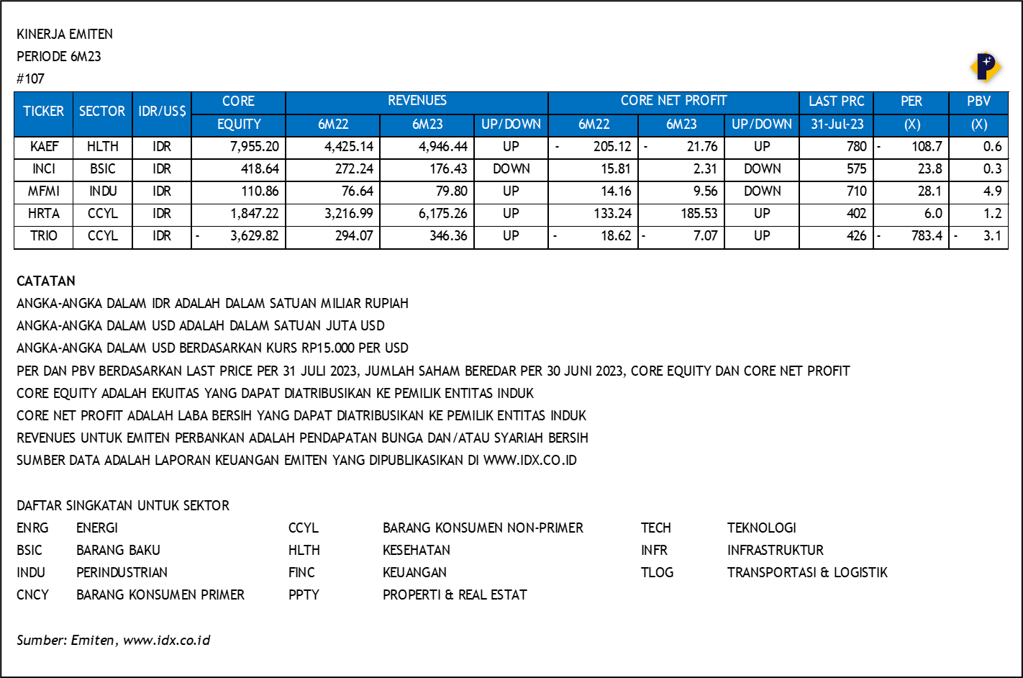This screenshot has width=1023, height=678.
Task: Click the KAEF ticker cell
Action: point(44,147)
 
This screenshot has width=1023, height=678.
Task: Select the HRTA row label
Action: point(44,214)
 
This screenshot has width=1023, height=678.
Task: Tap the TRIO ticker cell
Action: point(44,236)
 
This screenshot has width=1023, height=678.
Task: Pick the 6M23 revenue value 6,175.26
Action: point(439,214)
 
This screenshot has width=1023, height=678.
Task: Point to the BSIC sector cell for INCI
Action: point(102,169)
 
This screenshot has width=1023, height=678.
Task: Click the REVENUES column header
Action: point(417,101)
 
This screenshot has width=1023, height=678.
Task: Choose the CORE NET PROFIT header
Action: point(673,101)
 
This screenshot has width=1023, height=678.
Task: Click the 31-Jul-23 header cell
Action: point(837,125)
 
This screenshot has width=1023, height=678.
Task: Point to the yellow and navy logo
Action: point(985,68)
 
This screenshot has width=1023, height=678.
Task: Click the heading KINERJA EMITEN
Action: point(65,35)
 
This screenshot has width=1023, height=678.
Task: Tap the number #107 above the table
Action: point(30,79)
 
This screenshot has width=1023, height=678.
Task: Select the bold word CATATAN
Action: point(46,281)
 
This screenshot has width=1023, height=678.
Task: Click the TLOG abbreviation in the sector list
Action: point(657,573)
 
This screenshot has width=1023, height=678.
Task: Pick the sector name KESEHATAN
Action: point(416,551)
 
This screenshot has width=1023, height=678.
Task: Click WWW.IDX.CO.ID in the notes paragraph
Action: point(529,461)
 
